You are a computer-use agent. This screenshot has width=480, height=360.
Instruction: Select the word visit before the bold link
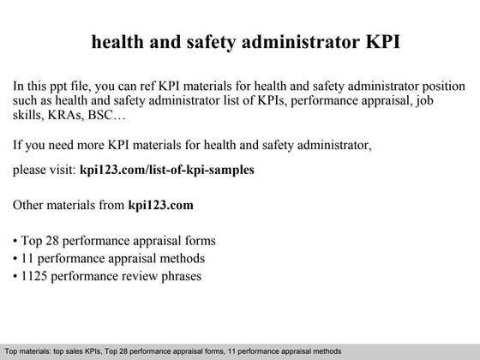61,170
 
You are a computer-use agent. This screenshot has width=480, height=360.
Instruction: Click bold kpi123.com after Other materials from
160,206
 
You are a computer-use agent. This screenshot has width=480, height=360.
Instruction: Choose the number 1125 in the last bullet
36,277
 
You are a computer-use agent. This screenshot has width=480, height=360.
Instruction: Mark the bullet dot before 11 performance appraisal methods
15,259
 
